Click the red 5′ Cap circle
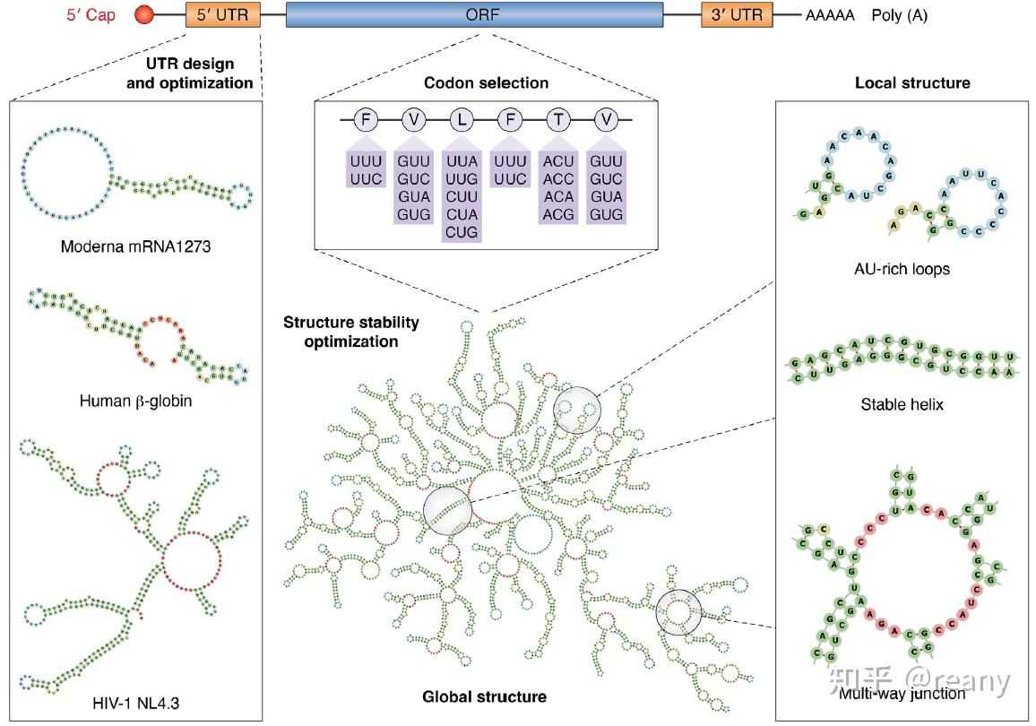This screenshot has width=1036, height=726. point(143,15)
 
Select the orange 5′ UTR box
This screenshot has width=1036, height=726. point(222,15)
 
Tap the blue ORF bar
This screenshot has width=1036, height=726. point(474,15)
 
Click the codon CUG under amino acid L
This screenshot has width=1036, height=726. point(462,233)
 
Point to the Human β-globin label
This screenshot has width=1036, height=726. point(134,401)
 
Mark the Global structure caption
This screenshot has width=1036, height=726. point(485,696)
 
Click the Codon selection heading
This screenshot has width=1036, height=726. point(485,83)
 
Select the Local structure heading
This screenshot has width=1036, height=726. point(912,83)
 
